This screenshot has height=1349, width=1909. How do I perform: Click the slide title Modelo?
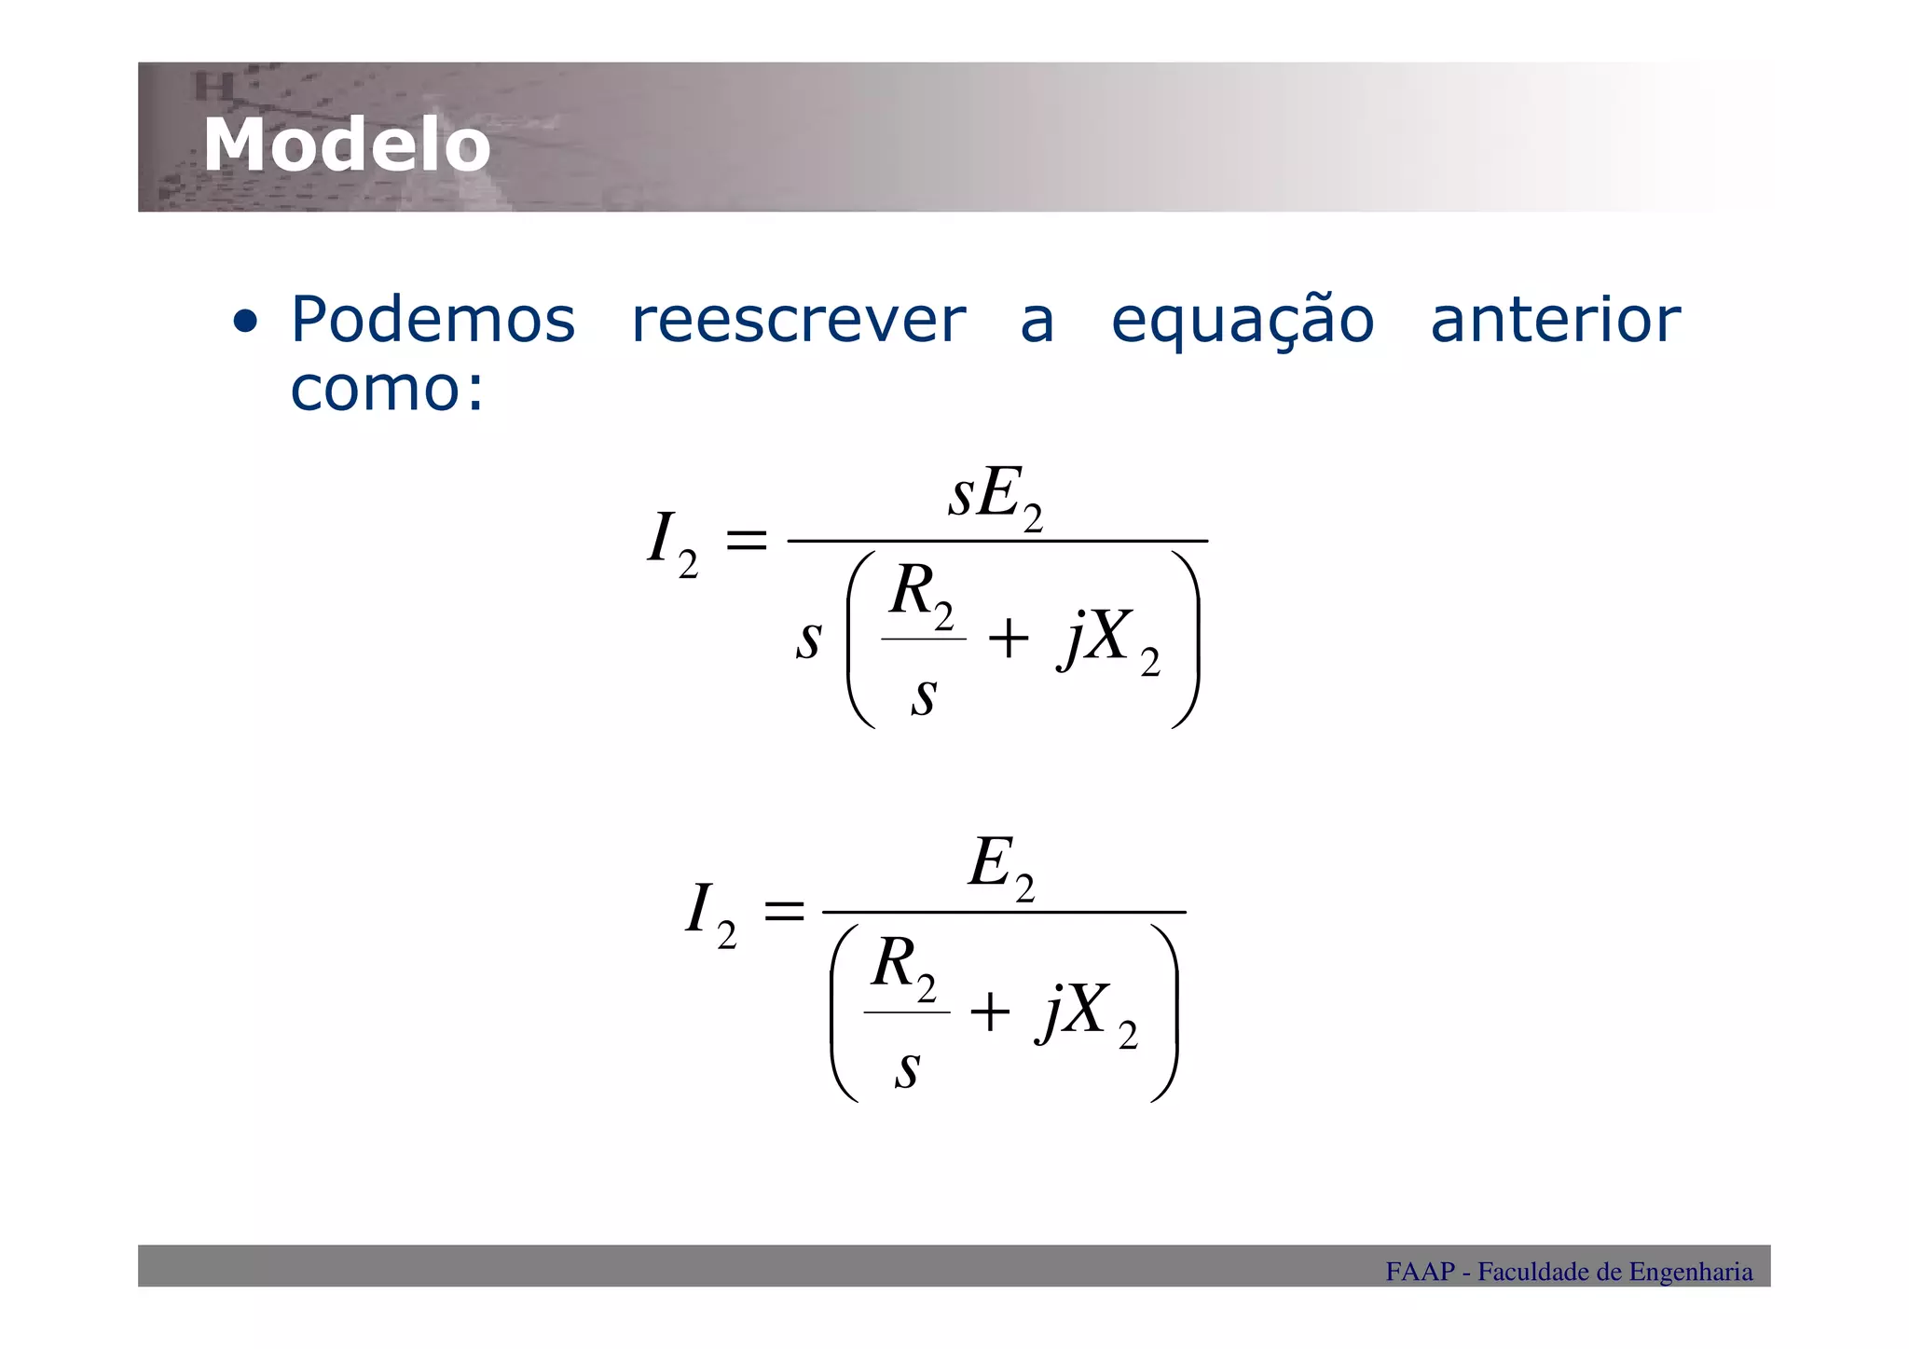pos(347,145)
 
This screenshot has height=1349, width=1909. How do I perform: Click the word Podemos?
pos(433,320)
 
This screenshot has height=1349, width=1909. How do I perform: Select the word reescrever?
pos(798,320)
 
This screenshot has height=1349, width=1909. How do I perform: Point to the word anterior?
pos(1555,320)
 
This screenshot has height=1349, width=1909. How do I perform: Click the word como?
pos(387,388)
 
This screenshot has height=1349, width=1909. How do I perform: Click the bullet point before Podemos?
pos(245,323)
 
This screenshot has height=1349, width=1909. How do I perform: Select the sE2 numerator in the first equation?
pos(995,497)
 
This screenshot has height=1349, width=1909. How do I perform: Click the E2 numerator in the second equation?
pos(1001,866)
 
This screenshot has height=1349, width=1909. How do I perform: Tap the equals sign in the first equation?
pos(746,541)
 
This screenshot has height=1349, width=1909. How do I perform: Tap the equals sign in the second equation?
pos(783,912)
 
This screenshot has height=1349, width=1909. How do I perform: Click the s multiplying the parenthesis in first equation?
pos(808,640)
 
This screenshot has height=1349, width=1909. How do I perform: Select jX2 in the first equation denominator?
pos(1108,641)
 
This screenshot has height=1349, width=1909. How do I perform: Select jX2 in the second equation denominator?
pos(1086,1013)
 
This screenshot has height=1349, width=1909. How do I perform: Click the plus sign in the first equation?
pos(1008,640)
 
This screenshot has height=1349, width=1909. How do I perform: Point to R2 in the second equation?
pos(902,967)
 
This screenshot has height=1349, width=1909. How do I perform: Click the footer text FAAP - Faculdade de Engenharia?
pos(1568,1272)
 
